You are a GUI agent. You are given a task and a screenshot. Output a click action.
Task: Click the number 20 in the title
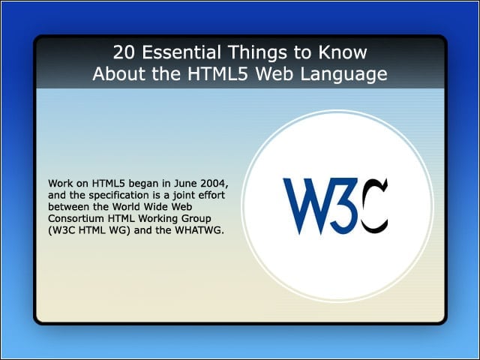tap(124, 52)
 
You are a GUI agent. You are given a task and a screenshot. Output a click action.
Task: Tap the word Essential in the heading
tap(181, 52)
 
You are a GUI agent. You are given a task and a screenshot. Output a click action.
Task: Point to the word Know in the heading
tap(343, 52)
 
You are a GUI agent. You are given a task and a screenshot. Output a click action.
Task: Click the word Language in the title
tap(343, 75)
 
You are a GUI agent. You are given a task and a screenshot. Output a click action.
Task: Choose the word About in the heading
tap(120, 74)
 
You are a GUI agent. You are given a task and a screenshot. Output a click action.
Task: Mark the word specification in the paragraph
tap(118, 196)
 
